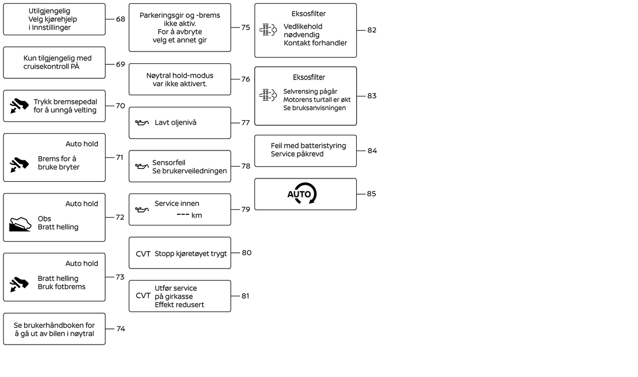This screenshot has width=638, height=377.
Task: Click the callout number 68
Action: click(x=120, y=19)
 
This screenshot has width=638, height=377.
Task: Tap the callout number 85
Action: click(x=371, y=194)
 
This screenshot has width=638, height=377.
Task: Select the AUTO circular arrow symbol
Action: click(x=302, y=194)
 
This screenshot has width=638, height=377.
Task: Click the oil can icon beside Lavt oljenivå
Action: click(x=141, y=122)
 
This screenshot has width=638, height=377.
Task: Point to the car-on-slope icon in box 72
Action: click(x=20, y=224)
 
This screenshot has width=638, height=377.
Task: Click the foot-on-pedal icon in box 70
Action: click(x=19, y=106)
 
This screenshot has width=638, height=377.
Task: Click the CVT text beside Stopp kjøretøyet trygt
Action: click(x=143, y=253)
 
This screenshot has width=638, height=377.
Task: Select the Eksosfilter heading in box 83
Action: click(x=309, y=77)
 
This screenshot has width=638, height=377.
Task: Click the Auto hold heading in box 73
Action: click(x=82, y=263)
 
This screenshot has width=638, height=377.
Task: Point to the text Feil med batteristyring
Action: click(x=309, y=146)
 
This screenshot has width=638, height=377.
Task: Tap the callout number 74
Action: click(x=121, y=328)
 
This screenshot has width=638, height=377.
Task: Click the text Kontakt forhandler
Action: click(x=315, y=43)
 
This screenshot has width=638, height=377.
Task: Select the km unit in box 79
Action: click(x=196, y=215)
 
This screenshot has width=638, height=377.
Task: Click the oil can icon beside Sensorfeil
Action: click(x=141, y=166)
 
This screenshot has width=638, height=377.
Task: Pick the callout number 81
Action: click(x=245, y=296)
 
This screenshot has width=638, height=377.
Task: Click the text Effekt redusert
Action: click(x=179, y=304)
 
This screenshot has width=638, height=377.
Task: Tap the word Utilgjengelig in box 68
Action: click(x=49, y=11)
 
